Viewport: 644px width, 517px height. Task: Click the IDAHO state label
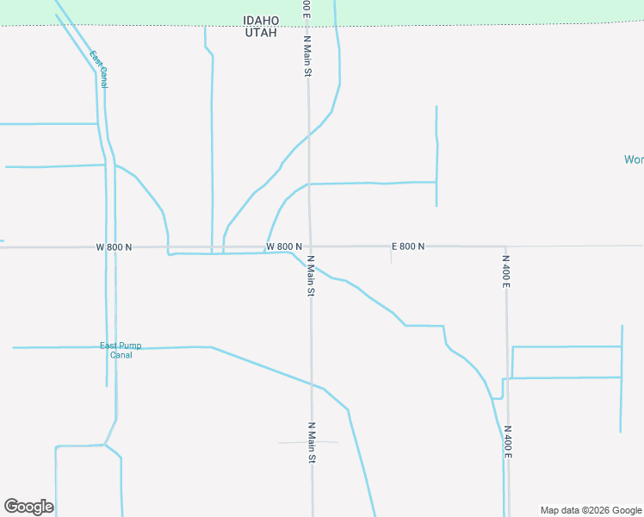click(261, 20)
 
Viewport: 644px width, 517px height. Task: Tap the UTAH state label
click(261, 32)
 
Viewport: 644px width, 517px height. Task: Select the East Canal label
click(98, 69)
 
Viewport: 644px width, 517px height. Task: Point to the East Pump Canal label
click(121, 350)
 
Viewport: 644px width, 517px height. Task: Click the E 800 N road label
click(408, 246)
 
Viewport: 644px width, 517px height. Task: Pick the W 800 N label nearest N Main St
click(283, 246)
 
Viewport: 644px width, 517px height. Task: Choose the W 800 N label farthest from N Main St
click(114, 247)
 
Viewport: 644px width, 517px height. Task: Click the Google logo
click(28, 507)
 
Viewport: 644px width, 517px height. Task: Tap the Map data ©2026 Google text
click(591, 510)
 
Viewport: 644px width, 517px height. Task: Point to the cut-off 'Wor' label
click(634, 159)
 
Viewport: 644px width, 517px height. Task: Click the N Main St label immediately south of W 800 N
click(310, 277)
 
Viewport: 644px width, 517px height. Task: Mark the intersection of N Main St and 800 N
click(310, 246)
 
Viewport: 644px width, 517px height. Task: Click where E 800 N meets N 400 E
click(506, 246)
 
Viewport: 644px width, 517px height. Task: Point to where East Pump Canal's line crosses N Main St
click(312, 384)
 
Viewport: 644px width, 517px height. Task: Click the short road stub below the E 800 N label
click(392, 257)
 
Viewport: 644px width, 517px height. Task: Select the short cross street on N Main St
click(307, 442)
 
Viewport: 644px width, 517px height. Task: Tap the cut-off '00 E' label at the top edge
click(306, 8)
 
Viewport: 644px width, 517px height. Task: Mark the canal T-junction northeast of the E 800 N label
click(437, 182)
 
